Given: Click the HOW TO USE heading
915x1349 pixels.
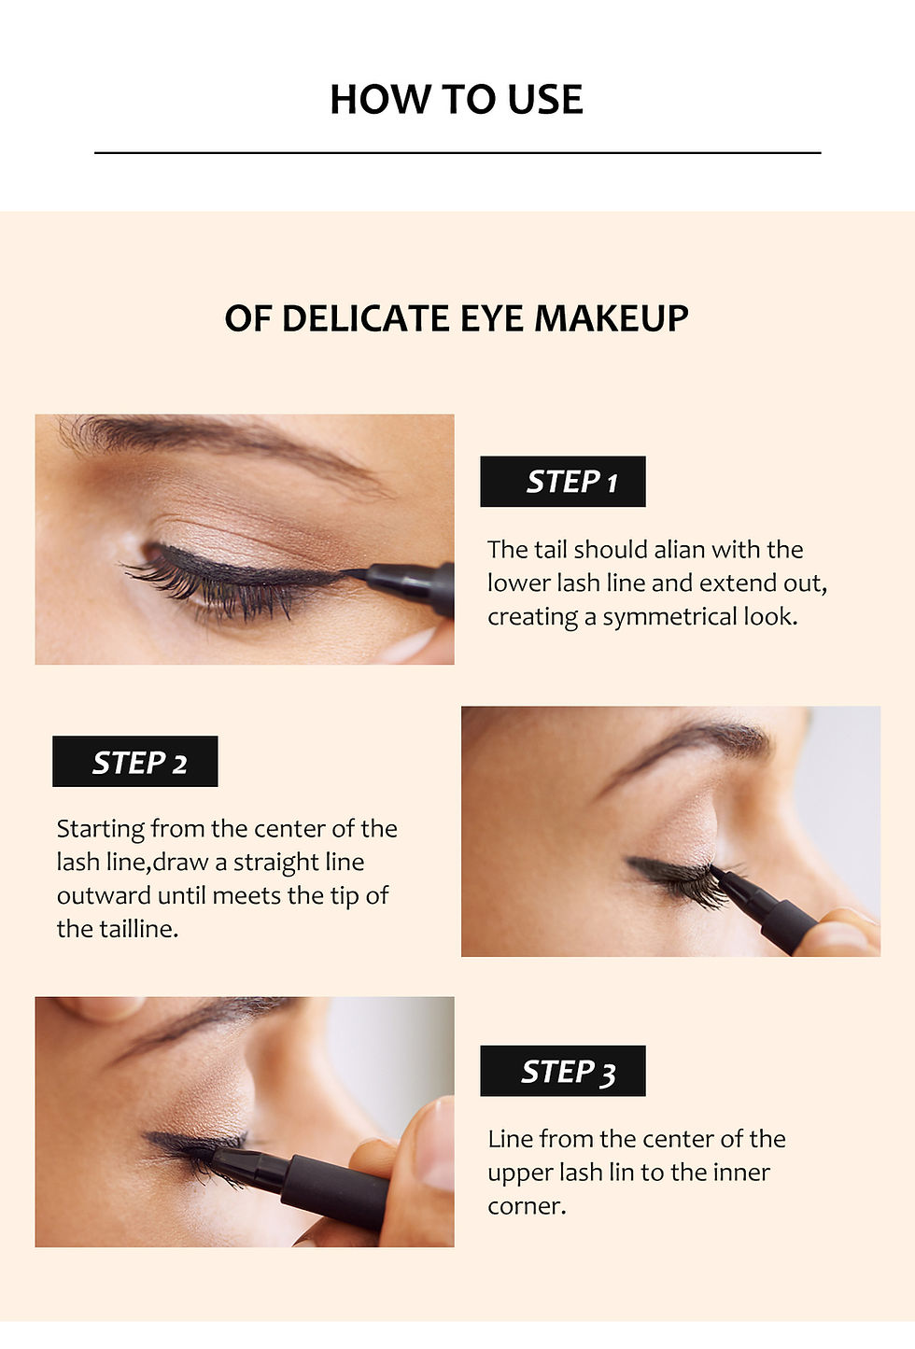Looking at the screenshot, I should pos(457,100).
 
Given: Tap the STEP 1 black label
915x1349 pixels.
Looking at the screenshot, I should pos(563,482).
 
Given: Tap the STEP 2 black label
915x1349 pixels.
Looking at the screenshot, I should pos(135,762).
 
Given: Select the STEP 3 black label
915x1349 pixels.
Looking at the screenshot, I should pos(563,1071).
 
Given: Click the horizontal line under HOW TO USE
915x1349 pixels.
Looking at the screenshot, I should pos(457,152).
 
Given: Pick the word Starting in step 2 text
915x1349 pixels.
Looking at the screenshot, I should pos(100,829).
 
